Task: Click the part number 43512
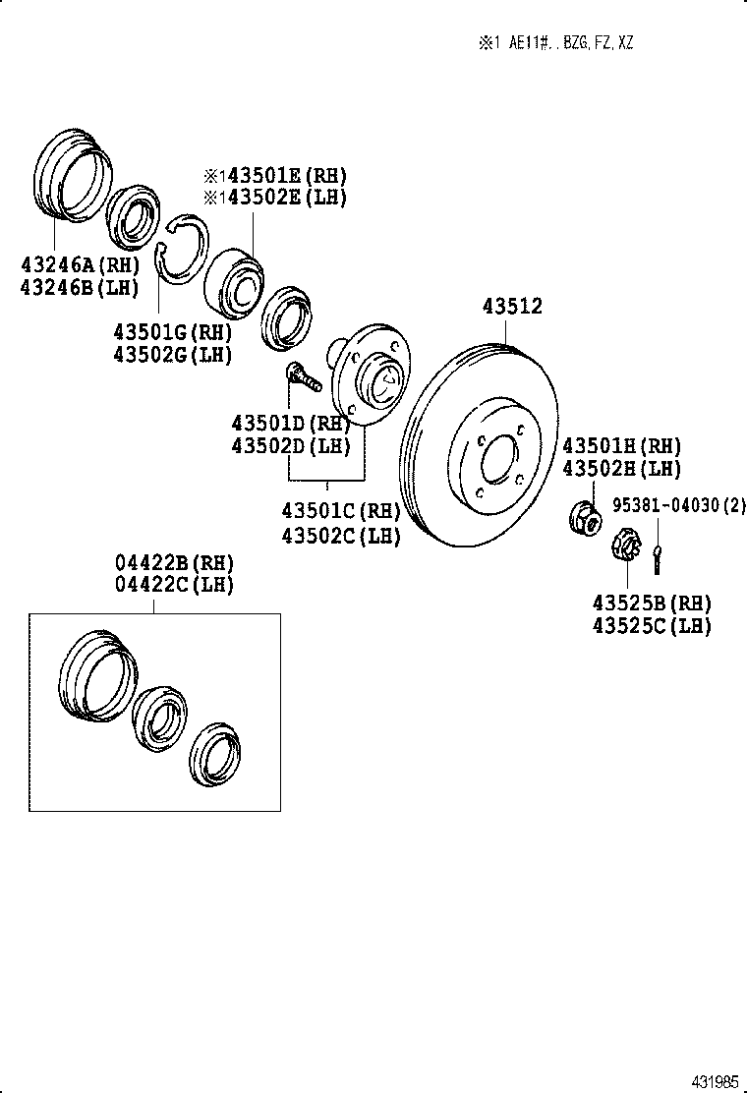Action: click(511, 308)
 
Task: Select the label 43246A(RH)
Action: click(79, 264)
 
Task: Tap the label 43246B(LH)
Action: click(79, 287)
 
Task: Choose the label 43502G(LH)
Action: click(172, 355)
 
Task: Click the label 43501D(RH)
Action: click(291, 424)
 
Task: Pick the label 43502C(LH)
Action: click(341, 537)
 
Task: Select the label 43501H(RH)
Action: click(622, 447)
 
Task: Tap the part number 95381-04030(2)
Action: click(679, 506)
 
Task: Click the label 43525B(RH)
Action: click(652, 603)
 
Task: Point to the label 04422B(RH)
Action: click(175, 563)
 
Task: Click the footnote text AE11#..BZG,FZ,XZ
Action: click(570, 43)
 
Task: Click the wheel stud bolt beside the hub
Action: click(302, 376)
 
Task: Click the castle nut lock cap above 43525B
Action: click(626, 544)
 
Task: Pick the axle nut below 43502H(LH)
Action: click(585, 516)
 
